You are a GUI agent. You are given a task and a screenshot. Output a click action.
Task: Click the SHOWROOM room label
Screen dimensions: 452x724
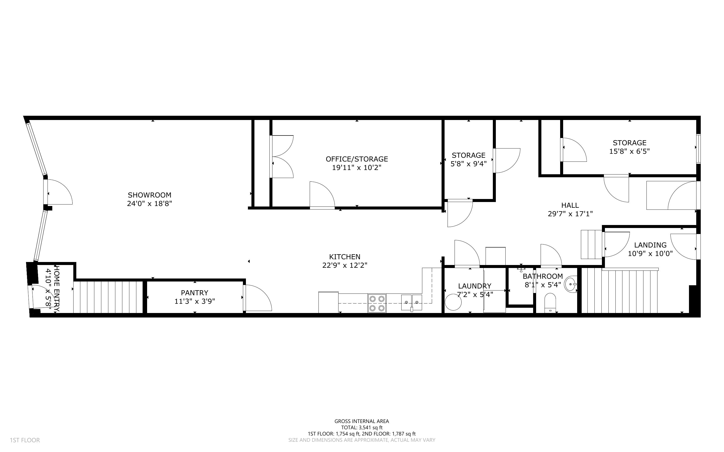[150, 195]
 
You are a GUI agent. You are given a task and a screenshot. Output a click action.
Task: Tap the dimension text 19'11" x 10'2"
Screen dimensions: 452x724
[356, 167]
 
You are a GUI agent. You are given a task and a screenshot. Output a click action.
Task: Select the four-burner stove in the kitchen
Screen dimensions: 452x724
[377, 303]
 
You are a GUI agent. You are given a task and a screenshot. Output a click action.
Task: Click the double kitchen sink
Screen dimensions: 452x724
[412, 302]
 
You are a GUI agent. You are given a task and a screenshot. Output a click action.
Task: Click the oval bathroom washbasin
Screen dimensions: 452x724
[571, 284]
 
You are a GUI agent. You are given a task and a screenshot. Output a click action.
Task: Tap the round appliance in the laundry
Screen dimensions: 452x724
[453, 302]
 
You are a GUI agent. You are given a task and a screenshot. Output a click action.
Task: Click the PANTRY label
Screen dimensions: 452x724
[194, 293]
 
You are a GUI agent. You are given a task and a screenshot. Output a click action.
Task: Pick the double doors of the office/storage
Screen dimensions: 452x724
[282, 157]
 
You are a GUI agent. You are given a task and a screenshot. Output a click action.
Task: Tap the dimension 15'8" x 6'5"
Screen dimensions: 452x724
[629, 151]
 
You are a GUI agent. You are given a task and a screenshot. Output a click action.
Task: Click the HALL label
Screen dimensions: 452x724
[570, 205]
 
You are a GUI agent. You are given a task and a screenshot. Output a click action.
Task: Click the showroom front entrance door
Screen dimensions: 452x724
[59, 192]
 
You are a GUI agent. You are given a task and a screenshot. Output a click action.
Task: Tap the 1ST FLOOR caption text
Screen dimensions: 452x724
[25, 440]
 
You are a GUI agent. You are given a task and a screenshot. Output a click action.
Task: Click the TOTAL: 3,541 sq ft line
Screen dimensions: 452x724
[361, 427]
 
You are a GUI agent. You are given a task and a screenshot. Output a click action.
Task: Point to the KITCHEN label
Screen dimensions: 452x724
[344, 256]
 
